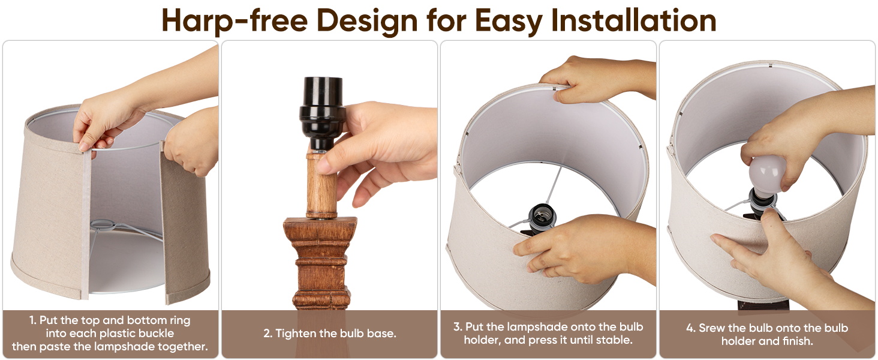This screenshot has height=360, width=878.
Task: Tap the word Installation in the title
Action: (x=634, y=20)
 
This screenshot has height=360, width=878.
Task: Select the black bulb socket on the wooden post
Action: (x=322, y=113)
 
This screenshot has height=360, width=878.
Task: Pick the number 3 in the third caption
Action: (x=456, y=326)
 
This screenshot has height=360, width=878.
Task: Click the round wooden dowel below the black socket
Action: (x=321, y=185)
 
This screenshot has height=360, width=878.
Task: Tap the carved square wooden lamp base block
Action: (x=320, y=263)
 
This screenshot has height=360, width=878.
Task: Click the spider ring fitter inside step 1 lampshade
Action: (x=101, y=224)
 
